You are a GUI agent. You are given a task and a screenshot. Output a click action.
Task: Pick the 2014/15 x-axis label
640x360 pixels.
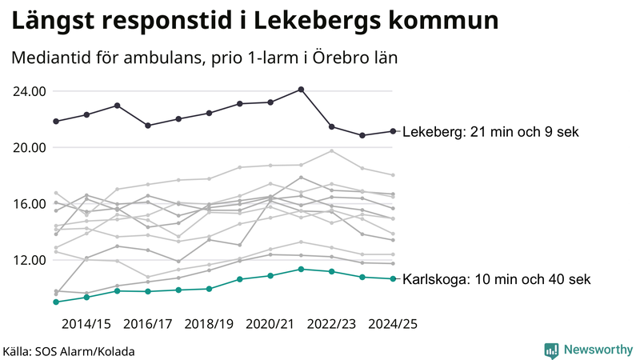click(x=86, y=324)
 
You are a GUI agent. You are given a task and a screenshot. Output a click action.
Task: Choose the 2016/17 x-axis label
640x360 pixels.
click(x=148, y=324)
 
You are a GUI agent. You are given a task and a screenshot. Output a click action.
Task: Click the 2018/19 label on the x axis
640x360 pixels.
click(x=209, y=324)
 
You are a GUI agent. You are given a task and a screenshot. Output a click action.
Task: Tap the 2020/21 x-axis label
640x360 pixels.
click(x=270, y=324)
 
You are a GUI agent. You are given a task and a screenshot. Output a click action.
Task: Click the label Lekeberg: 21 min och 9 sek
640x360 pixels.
click(x=490, y=132)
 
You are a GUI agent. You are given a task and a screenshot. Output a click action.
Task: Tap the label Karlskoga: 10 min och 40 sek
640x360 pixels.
click(x=496, y=279)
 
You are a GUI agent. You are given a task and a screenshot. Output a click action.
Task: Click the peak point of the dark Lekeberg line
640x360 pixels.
click(x=301, y=90)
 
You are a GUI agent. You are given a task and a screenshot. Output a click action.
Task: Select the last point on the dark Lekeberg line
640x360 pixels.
click(x=392, y=131)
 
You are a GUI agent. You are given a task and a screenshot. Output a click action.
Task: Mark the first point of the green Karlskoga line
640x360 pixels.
click(x=56, y=302)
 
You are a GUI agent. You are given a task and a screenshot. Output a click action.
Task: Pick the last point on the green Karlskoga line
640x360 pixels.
click(x=392, y=278)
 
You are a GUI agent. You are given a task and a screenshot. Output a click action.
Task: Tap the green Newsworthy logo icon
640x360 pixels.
click(x=551, y=350)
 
